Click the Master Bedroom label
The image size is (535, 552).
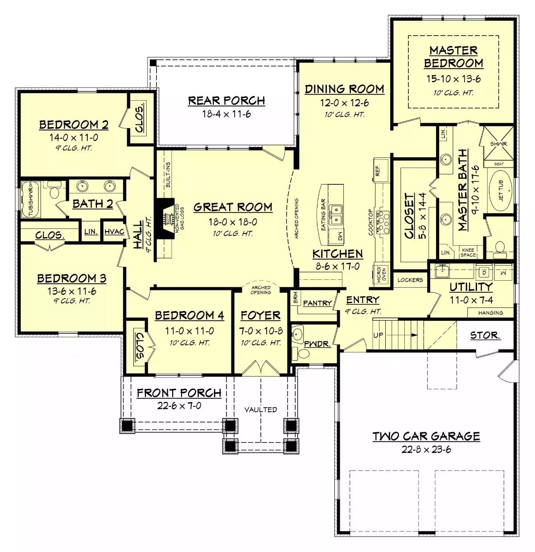[453, 57]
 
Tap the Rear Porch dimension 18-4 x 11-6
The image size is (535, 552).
[226, 114]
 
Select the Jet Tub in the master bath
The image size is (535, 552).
[501, 190]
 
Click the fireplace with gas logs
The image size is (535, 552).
[167, 218]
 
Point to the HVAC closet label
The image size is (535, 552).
[114, 232]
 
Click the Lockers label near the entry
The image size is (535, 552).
[410, 280]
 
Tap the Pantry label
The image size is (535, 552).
[317, 303]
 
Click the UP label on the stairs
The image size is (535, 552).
[378, 335]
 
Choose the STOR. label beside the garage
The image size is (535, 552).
[485, 335]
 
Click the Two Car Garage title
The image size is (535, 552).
[426, 436]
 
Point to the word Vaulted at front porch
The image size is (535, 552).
[260, 409]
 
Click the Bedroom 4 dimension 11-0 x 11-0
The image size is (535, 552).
[189, 331]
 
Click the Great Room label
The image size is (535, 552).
[233, 207]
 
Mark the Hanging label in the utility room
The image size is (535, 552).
[490, 313]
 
